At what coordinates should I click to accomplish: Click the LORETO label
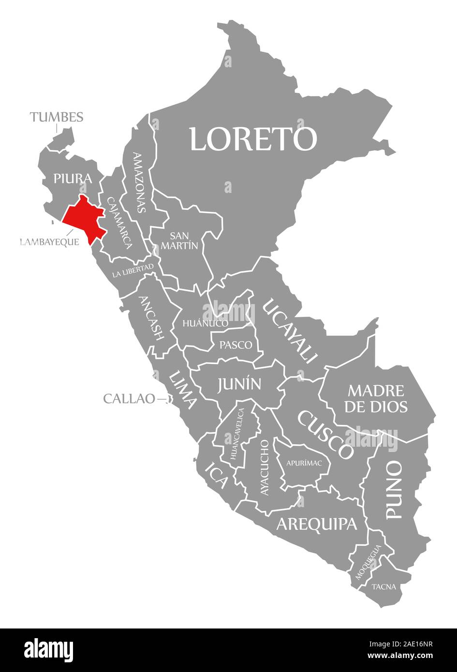(x=253, y=139)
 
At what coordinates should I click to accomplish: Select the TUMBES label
(x=57, y=117)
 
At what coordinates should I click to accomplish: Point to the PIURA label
(x=73, y=179)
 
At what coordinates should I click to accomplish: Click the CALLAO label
(x=129, y=399)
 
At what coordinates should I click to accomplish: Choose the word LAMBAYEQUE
(x=49, y=242)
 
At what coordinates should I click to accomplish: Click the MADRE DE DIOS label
(x=376, y=398)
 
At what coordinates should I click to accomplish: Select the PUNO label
(x=394, y=490)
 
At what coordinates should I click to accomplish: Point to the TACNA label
(x=384, y=587)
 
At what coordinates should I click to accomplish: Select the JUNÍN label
(x=239, y=384)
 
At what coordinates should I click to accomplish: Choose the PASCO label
(x=236, y=345)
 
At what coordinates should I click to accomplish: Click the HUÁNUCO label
(x=205, y=323)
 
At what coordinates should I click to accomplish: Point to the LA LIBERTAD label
(x=133, y=270)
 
